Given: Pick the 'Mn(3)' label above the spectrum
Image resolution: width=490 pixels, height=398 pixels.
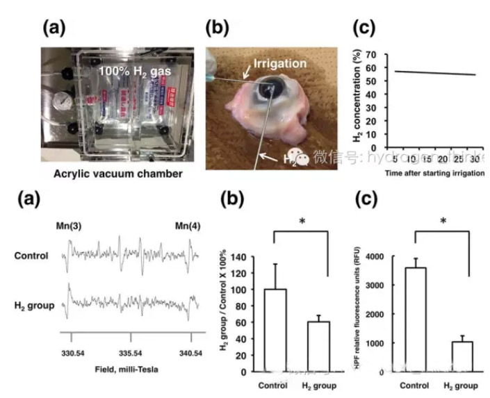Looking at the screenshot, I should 70,226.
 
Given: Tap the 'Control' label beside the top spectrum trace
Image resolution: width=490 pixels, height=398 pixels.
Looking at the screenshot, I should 31,255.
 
